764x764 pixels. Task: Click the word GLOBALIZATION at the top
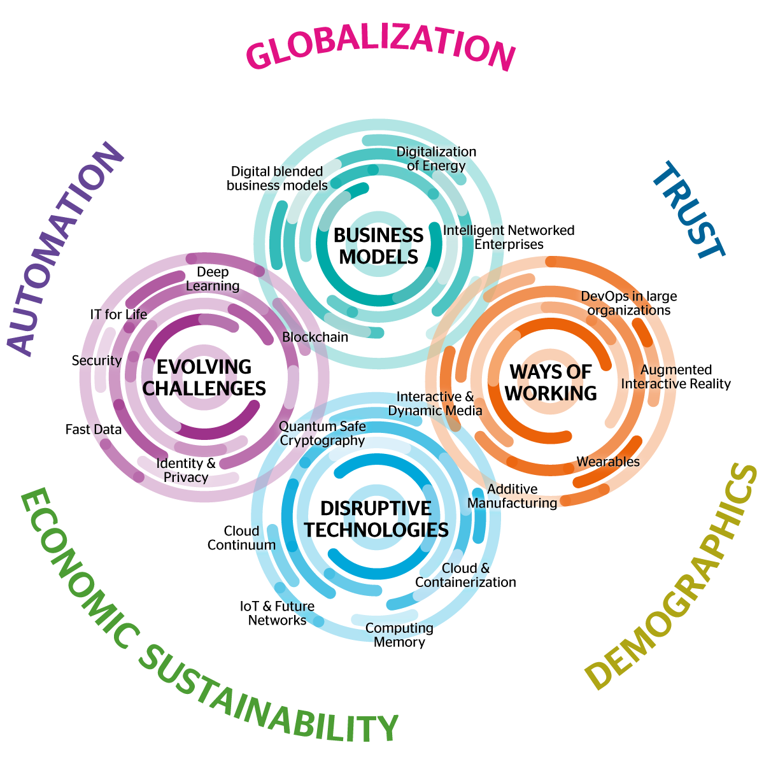click(x=380, y=48)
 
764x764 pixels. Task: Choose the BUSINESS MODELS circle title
click(x=378, y=246)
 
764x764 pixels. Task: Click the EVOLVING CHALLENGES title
click(x=204, y=378)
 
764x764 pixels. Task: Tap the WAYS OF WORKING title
click(x=551, y=382)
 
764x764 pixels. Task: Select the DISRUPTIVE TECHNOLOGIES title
click(x=376, y=519)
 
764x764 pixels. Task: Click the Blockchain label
click(x=315, y=337)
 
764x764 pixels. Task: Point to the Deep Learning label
click(x=213, y=279)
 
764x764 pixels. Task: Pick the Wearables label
click(x=608, y=462)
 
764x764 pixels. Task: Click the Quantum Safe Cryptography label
click(x=322, y=434)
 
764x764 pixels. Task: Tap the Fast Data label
click(x=94, y=430)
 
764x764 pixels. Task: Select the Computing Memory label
click(x=399, y=635)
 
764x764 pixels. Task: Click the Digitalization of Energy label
click(x=436, y=159)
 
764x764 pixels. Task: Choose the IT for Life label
click(x=118, y=315)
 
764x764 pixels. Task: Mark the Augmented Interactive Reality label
click(x=676, y=377)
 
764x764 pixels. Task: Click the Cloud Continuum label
click(x=241, y=538)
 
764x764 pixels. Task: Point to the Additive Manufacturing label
click(x=513, y=496)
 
